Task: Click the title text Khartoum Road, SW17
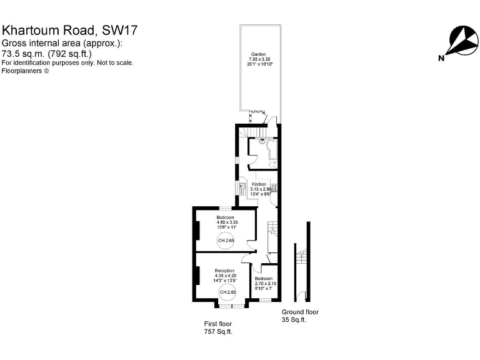(70, 30)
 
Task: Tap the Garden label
(258, 54)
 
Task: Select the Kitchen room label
(259, 184)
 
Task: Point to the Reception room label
(224, 271)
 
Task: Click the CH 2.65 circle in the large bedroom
(226, 241)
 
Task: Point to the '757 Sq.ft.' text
(218, 332)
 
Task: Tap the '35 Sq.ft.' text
(294, 320)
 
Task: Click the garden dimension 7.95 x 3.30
(258, 59)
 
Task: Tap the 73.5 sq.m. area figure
(22, 53)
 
